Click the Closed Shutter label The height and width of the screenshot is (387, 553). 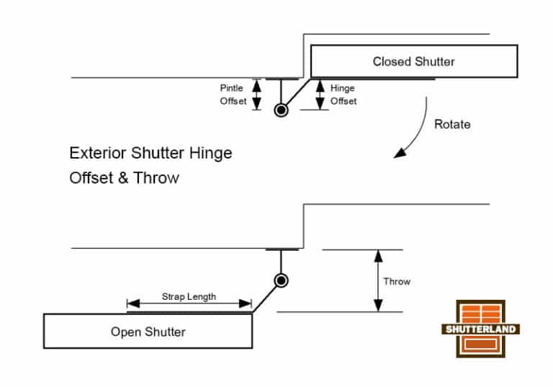click(413, 62)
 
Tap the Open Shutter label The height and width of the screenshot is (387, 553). click(148, 332)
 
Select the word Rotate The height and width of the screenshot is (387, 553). click(452, 124)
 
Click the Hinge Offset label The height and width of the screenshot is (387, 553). click(343, 94)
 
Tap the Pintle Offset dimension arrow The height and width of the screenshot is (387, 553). click(255, 94)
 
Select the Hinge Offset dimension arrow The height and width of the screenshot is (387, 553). click(320, 94)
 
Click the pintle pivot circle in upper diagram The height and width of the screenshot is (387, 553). click(281, 110)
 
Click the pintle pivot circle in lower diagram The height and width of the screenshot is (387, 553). click(282, 281)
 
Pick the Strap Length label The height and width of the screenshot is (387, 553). click(188, 296)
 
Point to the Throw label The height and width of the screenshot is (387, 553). click(396, 281)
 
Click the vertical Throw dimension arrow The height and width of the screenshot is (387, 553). click(375, 281)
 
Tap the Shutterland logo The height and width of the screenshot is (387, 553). click(480, 329)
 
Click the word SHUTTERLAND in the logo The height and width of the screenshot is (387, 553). click(480, 329)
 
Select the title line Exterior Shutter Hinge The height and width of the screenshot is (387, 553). click(150, 154)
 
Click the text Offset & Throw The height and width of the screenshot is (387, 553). click(124, 178)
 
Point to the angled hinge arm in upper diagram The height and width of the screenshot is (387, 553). click(297, 92)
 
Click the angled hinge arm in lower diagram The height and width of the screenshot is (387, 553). click(265, 298)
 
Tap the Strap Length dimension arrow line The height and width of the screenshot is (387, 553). click(189, 304)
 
